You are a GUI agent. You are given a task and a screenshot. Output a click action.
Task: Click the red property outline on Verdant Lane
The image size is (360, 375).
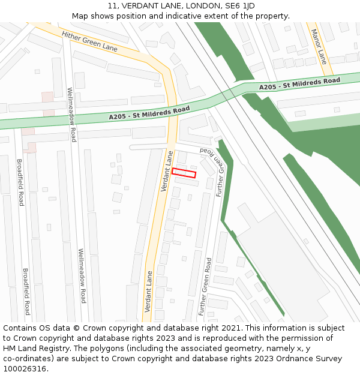click(184, 173)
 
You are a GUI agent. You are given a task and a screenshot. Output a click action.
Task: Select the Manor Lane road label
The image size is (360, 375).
click(319, 47)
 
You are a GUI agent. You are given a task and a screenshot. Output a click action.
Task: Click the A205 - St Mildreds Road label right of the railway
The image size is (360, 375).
click(299, 84)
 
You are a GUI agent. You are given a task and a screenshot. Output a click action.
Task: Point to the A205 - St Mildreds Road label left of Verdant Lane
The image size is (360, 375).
click(149, 112)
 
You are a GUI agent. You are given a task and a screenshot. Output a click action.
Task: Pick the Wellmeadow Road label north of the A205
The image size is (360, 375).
click(72, 114)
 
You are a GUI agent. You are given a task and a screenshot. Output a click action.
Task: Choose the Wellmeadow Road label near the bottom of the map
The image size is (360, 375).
click(82, 275)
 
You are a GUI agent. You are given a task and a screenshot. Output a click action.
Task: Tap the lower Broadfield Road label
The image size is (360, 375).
click(26, 291)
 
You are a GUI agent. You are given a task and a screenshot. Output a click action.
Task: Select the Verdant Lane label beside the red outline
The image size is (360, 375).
click(167, 171)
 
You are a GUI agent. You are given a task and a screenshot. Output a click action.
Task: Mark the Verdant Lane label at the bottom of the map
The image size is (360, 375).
click(148, 291)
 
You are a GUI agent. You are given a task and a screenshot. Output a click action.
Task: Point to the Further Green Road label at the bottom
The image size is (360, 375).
click(205, 287)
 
